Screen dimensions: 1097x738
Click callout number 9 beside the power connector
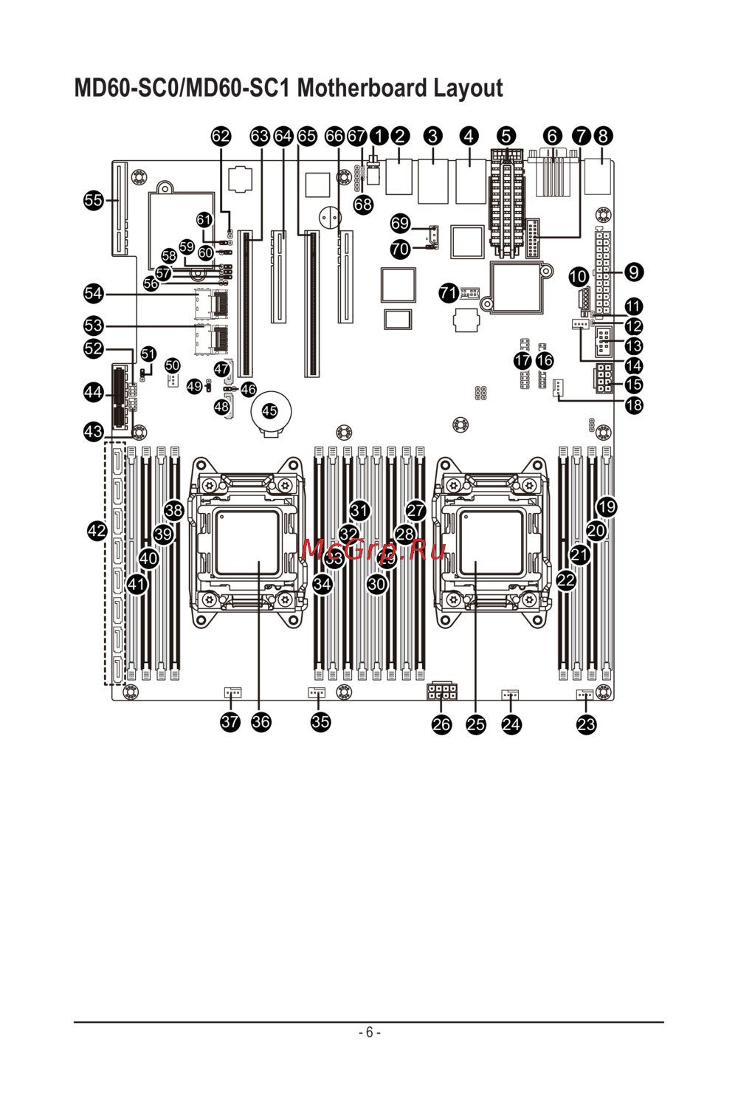click(x=633, y=272)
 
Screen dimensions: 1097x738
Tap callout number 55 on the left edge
click(x=94, y=200)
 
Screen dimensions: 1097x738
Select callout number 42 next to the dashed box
click(x=97, y=530)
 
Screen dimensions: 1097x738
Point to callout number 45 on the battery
click(x=270, y=411)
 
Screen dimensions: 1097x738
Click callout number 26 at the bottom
click(x=441, y=724)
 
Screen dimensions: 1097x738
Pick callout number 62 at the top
click(x=221, y=136)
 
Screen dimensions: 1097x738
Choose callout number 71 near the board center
click(x=449, y=293)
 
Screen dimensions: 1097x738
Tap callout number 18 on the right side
click(x=633, y=405)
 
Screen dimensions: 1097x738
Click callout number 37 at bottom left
click(x=230, y=722)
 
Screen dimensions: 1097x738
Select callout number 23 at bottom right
click(x=586, y=724)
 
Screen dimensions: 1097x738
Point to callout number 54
click(x=94, y=294)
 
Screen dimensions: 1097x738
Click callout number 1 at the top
click(x=379, y=136)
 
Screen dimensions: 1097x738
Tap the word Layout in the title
click(x=468, y=89)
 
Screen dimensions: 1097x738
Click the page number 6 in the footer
click(x=369, y=1032)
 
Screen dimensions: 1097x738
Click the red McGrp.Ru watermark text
click(x=374, y=549)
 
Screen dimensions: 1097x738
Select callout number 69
click(x=400, y=223)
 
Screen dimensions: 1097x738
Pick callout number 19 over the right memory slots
click(x=607, y=507)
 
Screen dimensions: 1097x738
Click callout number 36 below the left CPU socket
click(x=261, y=722)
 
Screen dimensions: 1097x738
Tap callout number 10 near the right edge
click(x=579, y=278)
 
